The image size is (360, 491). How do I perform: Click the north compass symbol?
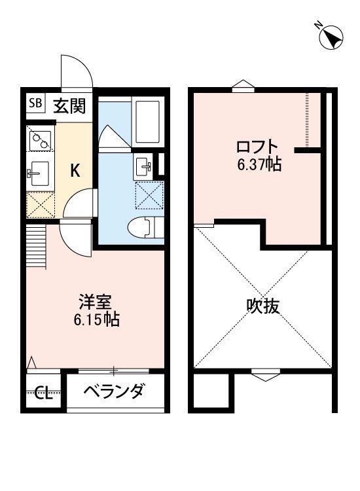coord(331,37)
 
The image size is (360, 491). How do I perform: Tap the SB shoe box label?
coord(35,103)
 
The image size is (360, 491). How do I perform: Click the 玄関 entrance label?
coord(68,105)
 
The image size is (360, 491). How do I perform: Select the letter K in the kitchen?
coord(75,171)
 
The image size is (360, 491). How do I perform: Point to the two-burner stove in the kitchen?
coord(41,139)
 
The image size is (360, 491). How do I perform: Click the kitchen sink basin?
coord(40,173)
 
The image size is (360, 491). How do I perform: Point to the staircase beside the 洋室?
coord(37,245)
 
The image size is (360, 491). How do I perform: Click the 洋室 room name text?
coord(96,302)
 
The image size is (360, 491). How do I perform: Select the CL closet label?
coord(43,393)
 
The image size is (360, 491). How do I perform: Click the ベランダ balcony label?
coord(114,392)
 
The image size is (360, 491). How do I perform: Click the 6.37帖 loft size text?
coord(259,164)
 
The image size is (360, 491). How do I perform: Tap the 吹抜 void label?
coord(263,306)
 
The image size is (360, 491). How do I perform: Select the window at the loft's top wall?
coord(242,86)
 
